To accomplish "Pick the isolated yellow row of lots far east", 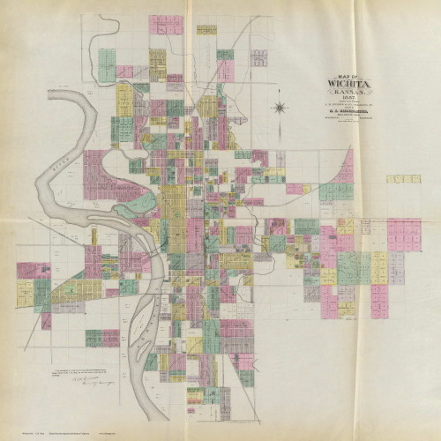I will pyautogui.click(x=403, y=178).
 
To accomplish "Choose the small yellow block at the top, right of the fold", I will pyautogui.click(x=206, y=29).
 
